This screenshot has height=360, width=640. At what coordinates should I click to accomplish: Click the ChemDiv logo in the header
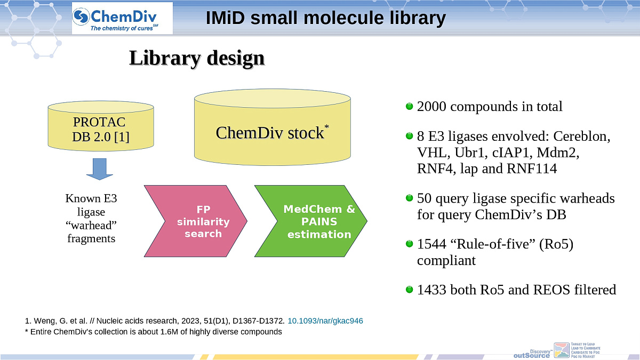[122, 18]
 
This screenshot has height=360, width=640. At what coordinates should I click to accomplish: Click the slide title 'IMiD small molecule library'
[325, 18]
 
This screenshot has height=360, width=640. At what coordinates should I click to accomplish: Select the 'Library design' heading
[196, 58]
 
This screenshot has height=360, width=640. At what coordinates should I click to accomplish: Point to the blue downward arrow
[100, 169]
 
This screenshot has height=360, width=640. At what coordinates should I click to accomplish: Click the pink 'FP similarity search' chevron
[196, 220]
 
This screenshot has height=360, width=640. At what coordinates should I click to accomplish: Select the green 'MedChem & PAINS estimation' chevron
[311, 221]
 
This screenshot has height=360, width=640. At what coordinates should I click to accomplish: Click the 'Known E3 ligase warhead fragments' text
[91, 219]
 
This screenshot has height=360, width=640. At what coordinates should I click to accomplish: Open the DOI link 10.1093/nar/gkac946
[325, 321]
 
